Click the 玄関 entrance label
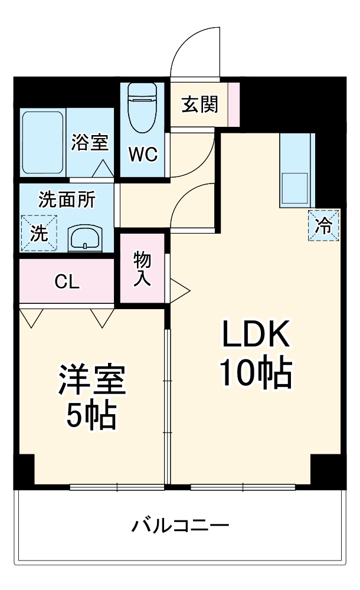[199, 105]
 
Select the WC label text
[143, 155]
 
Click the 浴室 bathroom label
[90, 142]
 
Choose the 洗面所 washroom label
[67, 201]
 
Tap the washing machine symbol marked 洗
[39, 233]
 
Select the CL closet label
[67, 282]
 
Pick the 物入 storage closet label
[142, 268]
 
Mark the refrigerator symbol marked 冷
[323, 225]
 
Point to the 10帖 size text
[256, 374]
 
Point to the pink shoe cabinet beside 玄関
[234, 104]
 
